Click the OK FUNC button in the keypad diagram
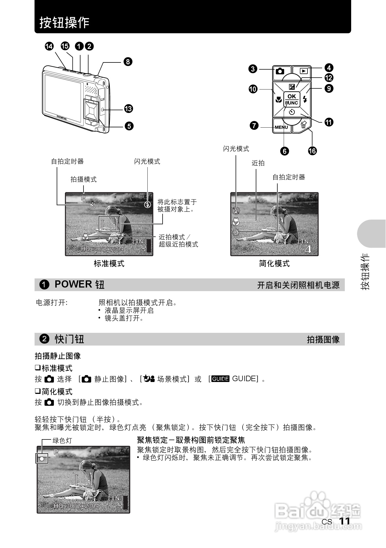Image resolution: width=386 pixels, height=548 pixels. tap(292, 99)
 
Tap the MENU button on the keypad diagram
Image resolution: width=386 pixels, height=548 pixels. tap(281, 127)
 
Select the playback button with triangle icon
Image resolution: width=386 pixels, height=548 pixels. tap(304, 71)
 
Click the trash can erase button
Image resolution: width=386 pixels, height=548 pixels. tap(303, 125)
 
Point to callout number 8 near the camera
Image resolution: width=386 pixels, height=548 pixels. tap(127, 61)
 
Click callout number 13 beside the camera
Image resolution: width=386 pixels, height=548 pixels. tap(128, 109)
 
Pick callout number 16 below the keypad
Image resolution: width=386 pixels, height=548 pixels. tap(312, 151)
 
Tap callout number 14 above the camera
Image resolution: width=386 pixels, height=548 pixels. tap(49, 46)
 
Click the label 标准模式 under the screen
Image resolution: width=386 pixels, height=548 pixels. tap(109, 264)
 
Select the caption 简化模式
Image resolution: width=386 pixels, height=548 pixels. tap(274, 264)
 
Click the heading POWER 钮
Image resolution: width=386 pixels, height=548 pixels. tap(79, 284)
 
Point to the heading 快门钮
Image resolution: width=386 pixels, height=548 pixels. tap(69, 339)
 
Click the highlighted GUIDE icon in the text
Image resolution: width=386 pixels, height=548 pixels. tap(220, 379)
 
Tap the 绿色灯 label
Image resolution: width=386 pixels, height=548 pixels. tap(62, 441)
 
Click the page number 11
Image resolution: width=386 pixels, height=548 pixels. tap(345, 521)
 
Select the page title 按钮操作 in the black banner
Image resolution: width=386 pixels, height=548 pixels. tap(64, 22)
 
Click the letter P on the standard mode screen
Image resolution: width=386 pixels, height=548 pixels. tap(83, 198)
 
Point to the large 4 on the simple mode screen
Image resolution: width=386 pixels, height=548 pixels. tap(307, 249)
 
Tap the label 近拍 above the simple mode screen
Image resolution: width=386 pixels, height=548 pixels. tap(258, 163)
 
